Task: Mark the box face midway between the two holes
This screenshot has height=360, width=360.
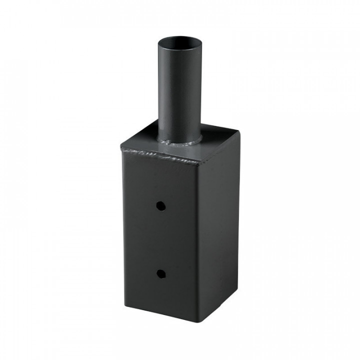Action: (160, 239)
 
